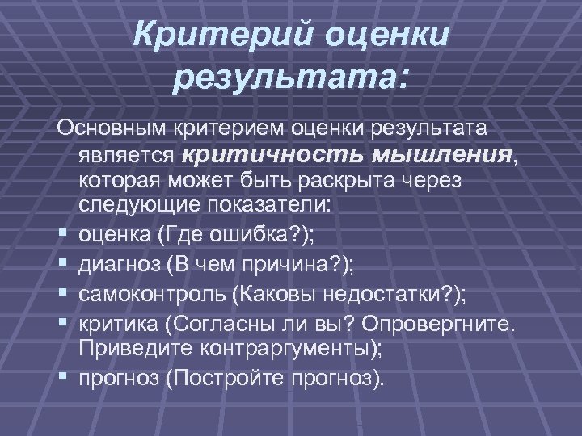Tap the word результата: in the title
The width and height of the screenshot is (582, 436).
coord(292,79)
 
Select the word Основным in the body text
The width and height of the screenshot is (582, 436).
coord(110,129)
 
